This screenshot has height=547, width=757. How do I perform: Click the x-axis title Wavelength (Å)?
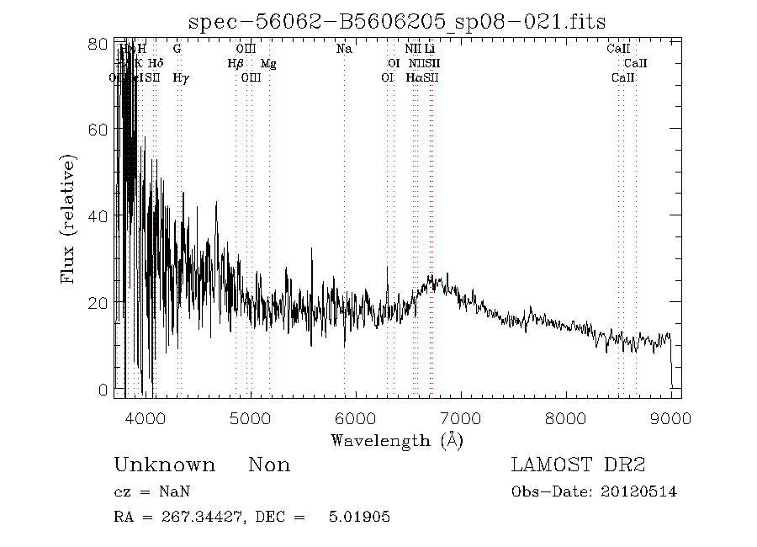pos(397,440)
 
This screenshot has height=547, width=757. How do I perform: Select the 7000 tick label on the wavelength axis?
pos(460,418)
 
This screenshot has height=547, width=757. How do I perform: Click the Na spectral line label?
pos(344,50)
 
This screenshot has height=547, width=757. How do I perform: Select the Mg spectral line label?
pos(268,64)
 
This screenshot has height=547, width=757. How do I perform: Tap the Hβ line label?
pos(236,64)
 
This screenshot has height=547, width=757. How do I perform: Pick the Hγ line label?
pos(179,78)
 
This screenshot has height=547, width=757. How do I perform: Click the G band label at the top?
pos(177,50)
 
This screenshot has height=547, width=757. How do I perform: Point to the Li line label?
pos(430,50)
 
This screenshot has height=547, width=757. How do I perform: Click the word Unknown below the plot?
pos(164,465)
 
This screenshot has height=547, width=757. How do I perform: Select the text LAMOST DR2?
pos(579,465)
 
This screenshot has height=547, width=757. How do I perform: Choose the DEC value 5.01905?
pos(359,516)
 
